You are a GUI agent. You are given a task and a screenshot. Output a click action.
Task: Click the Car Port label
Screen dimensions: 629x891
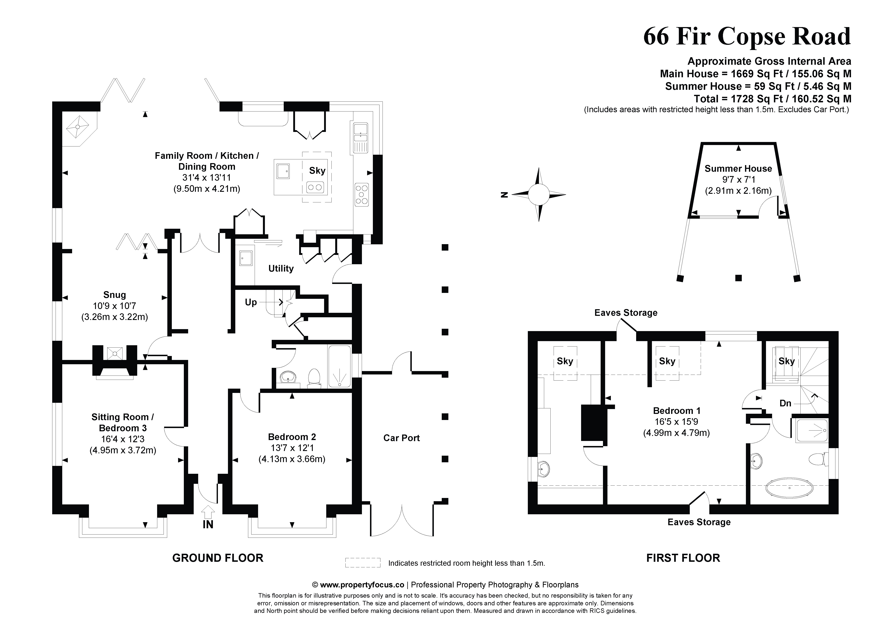click(401, 438)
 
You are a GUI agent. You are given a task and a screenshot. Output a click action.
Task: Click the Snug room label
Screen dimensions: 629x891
click(114, 295)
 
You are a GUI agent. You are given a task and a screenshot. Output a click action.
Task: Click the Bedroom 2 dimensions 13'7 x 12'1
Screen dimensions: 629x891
click(292, 448)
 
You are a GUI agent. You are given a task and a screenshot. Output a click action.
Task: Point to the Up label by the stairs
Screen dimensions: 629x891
click(251, 302)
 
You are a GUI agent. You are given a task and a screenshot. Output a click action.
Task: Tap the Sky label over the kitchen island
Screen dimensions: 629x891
click(317, 171)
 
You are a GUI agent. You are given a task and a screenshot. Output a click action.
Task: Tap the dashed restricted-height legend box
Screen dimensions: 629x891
click(362, 563)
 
